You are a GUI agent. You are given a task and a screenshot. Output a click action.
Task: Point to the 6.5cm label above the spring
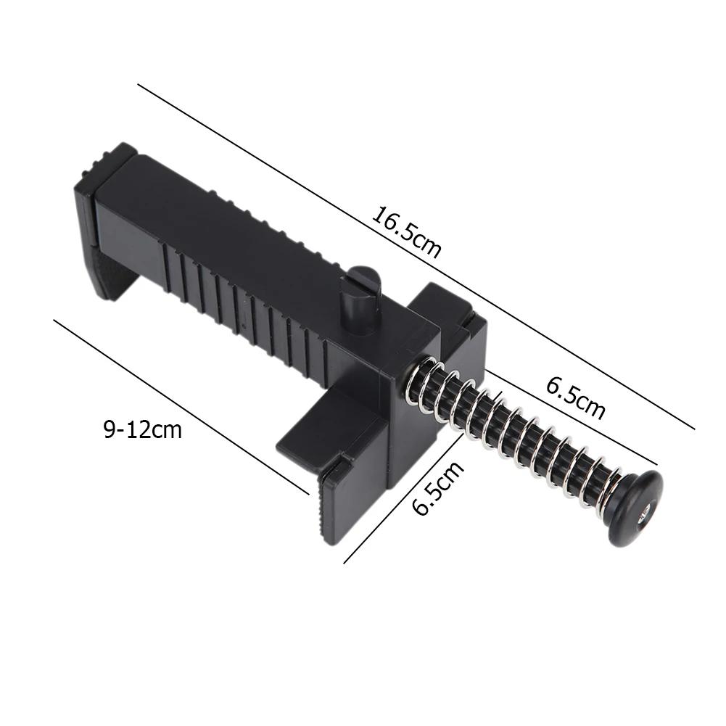575,397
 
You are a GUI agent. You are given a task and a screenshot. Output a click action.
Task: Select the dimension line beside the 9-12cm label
181,406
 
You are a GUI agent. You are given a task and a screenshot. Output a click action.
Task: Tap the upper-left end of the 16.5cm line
139,86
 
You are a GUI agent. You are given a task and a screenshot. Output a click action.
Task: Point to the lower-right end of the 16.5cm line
694,429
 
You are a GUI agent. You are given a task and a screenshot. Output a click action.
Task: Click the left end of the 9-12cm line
55,320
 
